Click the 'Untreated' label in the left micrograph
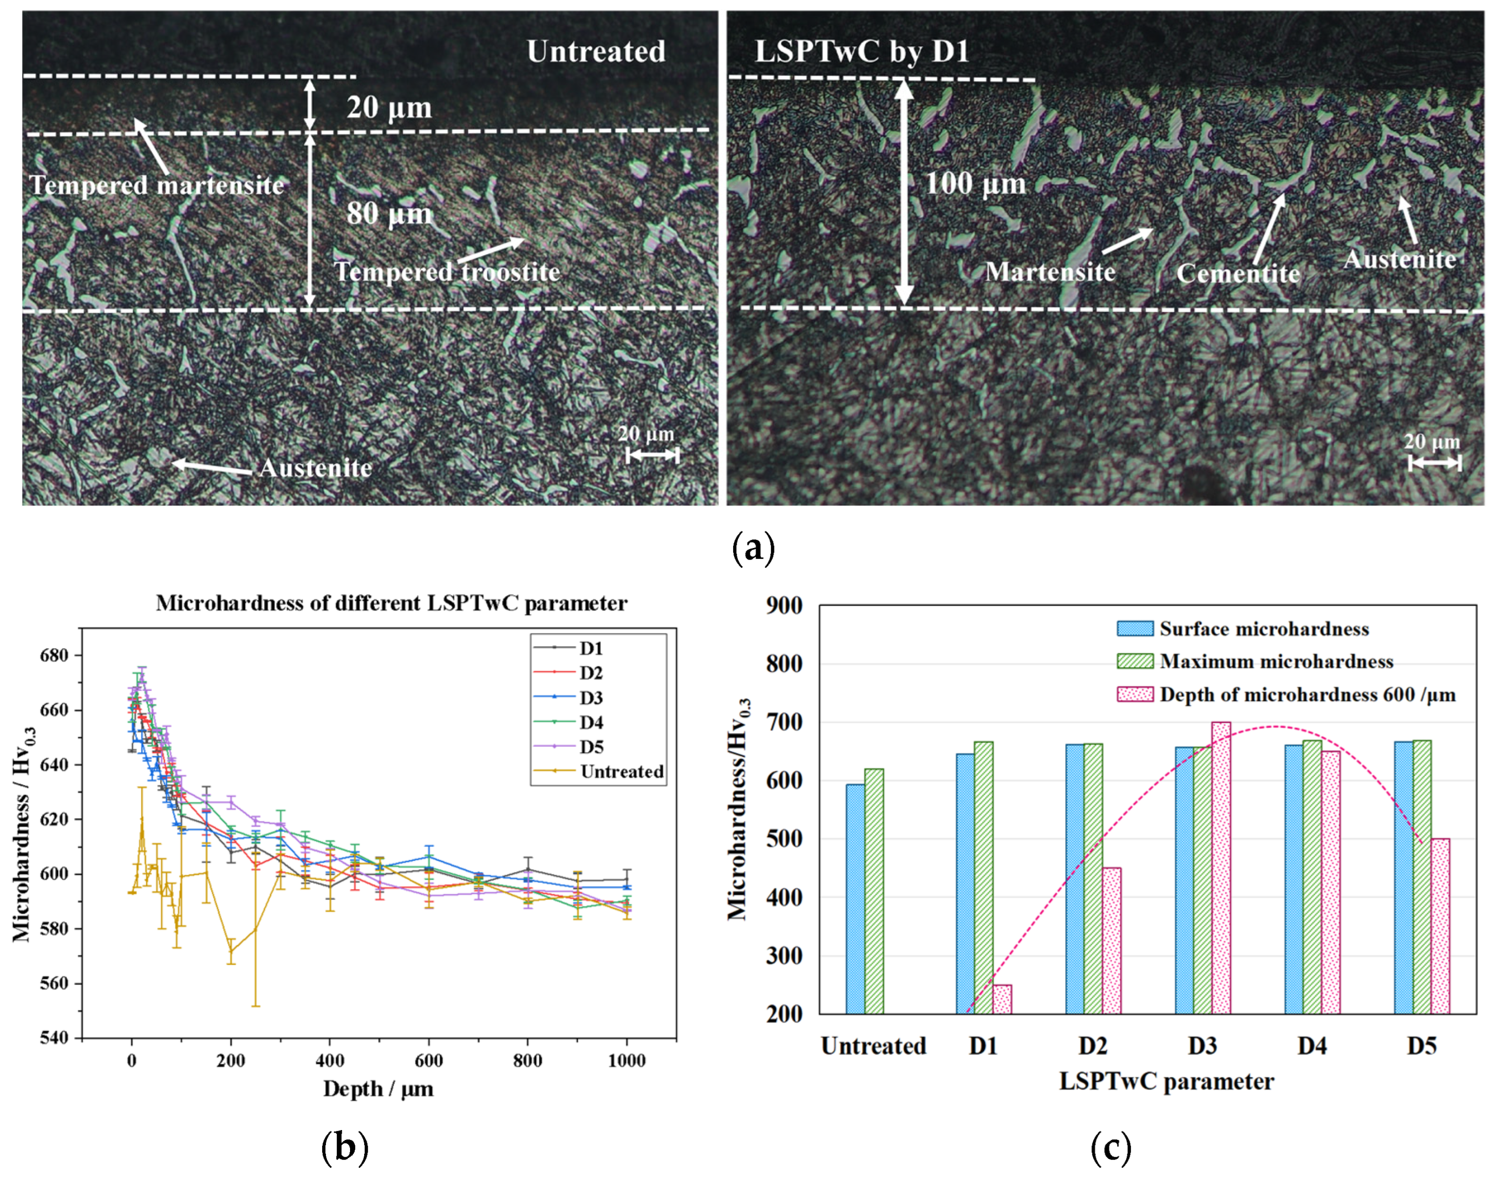pyautogui.click(x=596, y=52)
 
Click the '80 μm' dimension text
pyautogui.click(x=389, y=214)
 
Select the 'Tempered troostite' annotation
pyautogui.click(x=447, y=272)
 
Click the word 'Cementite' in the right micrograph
pyautogui.click(x=1238, y=274)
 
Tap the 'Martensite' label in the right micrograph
pyautogui.click(x=1049, y=272)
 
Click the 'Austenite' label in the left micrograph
pyautogui.click(x=315, y=469)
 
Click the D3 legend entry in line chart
pyautogui.click(x=590, y=698)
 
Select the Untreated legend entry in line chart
pyautogui.click(x=621, y=772)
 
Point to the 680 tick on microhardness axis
pyautogui.click(x=54, y=656)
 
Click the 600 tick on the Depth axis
pyautogui.click(x=428, y=1061)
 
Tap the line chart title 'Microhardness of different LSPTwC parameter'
pyautogui.click(x=391, y=604)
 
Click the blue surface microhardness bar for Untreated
pyautogui.click(x=855, y=899)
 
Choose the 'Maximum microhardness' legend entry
pyautogui.click(x=1276, y=661)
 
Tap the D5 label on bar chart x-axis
pyautogui.click(x=1421, y=1046)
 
